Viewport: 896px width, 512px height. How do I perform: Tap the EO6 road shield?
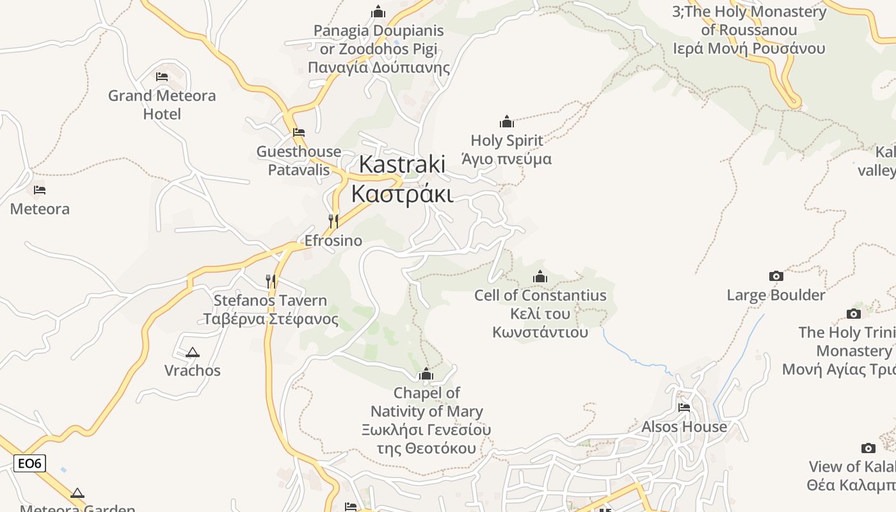point(30,463)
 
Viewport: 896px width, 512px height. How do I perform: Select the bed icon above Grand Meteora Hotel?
point(162,77)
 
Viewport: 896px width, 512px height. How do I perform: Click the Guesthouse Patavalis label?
point(299,161)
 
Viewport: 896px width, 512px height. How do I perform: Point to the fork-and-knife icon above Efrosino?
point(333,221)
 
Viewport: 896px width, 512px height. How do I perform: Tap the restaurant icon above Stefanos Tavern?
point(271,281)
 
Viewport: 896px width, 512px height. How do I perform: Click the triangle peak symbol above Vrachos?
point(192,352)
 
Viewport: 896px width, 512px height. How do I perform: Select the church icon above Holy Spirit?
point(507,122)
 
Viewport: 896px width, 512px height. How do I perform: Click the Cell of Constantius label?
point(540,314)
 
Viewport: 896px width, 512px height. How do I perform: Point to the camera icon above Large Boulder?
point(776,276)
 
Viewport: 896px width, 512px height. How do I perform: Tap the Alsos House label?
point(684,427)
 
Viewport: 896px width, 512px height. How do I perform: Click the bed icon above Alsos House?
point(684,408)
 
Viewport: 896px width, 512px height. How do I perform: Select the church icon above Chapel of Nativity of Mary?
point(426,374)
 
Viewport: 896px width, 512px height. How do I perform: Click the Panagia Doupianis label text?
point(379,49)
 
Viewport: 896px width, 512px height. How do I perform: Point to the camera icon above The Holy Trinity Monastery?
point(853,314)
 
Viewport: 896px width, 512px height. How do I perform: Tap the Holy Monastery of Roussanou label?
point(749,30)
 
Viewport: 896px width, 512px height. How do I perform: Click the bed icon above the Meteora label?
point(40,190)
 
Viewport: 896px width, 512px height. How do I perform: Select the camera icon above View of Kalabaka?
point(868,448)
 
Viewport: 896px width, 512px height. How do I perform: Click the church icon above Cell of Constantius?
point(540,276)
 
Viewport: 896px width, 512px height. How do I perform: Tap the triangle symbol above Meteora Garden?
point(77,493)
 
